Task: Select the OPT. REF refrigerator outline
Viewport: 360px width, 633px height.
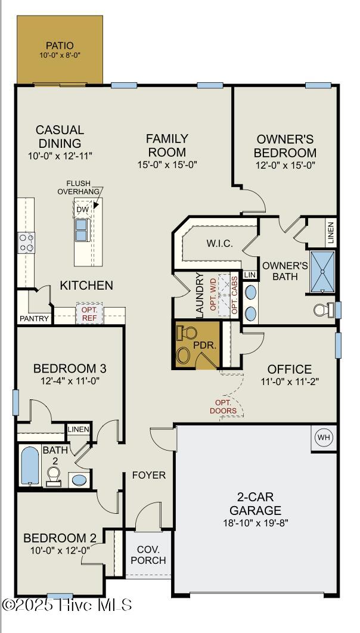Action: [x=89, y=313]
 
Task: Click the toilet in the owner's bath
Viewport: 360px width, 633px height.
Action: [x=324, y=309]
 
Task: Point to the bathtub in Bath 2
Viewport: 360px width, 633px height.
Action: [x=30, y=466]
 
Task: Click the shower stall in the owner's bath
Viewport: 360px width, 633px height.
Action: [x=322, y=272]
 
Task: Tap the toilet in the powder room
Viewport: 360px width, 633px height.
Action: [x=186, y=333]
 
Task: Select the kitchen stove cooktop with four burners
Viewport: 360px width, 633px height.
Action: [x=26, y=243]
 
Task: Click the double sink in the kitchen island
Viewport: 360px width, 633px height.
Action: [x=82, y=229]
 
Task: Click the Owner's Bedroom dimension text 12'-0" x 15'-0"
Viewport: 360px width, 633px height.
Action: [x=285, y=165]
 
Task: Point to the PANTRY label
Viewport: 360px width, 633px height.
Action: [x=35, y=318]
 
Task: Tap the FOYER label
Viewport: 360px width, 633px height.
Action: [x=149, y=475]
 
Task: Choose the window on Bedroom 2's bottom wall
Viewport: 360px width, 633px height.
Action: [x=60, y=595]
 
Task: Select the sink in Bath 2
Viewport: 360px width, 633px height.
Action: [x=79, y=480]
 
